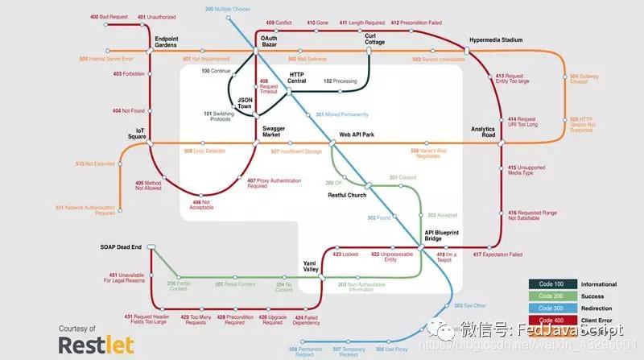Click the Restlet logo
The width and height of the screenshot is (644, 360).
click(x=90, y=345)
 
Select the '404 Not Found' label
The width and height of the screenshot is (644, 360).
click(x=128, y=110)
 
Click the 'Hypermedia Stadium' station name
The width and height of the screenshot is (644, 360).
click(x=496, y=39)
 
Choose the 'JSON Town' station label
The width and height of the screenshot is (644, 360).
click(x=244, y=102)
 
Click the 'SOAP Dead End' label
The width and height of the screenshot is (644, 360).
click(x=121, y=246)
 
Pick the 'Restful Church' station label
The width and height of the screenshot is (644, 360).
click(x=347, y=196)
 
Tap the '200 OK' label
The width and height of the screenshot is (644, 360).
click(x=333, y=183)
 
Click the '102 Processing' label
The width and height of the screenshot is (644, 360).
click(x=340, y=81)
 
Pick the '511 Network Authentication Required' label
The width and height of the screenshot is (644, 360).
click(x=85, y=210)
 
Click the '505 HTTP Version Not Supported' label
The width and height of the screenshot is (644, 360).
click(x=591, y=122)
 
